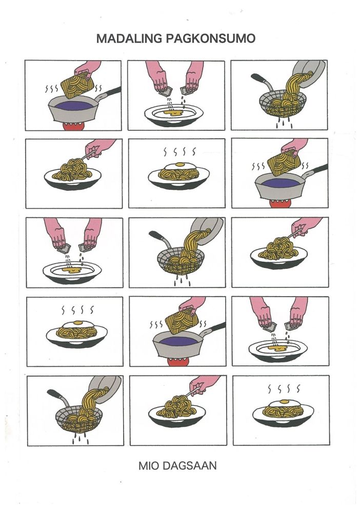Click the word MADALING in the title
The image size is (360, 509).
[129, 38]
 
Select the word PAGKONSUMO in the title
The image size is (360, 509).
[211, 38]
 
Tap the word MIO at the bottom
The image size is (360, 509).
[149, 466]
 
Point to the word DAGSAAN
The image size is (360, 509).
[189, 466]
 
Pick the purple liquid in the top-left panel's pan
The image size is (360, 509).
[73, 105]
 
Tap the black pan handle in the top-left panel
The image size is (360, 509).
[112, 91]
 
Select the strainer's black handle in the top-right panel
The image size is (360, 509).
[259, 79]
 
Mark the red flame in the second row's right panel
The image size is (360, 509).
[279, 204]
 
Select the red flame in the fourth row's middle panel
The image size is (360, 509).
[177, 362]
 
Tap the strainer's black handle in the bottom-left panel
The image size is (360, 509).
[55, 394]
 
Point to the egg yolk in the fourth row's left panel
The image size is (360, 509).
[78, 323]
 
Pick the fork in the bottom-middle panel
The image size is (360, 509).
[193, 391]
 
